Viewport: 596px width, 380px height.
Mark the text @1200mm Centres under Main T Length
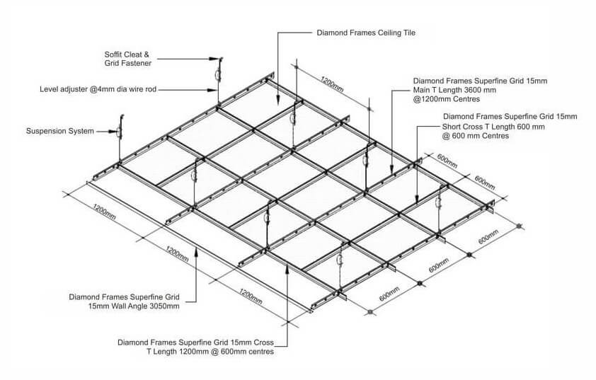click(445, 100)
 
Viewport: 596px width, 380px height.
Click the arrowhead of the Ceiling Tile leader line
click(278, 101)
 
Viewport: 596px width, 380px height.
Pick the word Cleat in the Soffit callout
click(139, 54)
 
